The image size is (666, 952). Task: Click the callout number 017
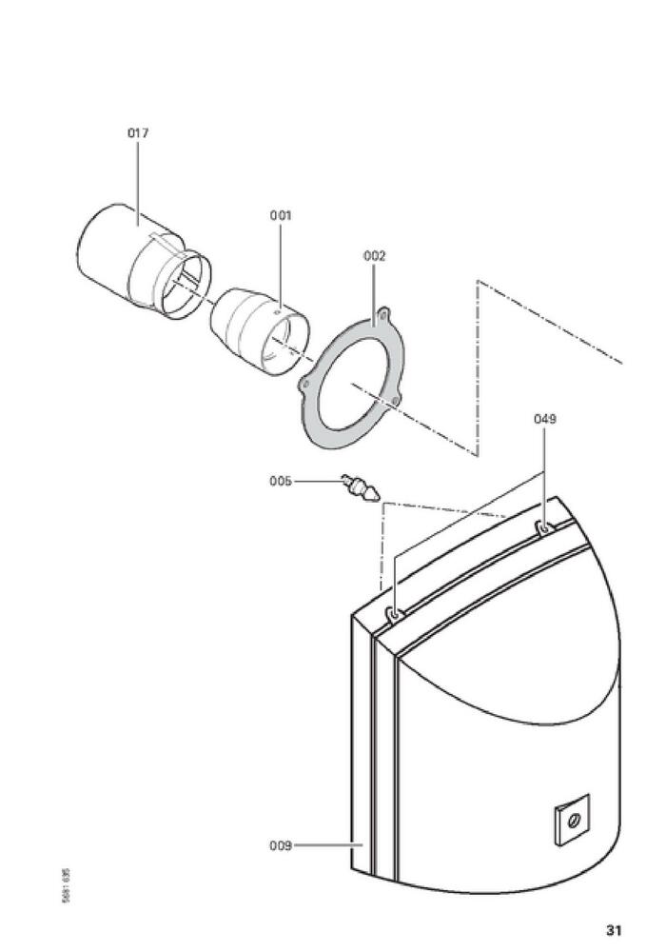point(138,133)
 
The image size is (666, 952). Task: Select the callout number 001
point(280,215)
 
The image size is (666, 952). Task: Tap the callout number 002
point(374,255)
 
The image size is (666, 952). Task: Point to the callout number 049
point(544,418)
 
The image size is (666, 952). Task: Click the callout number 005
point(281,481)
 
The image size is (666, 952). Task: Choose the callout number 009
point(280,844)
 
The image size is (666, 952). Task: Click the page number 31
point(613,929)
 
